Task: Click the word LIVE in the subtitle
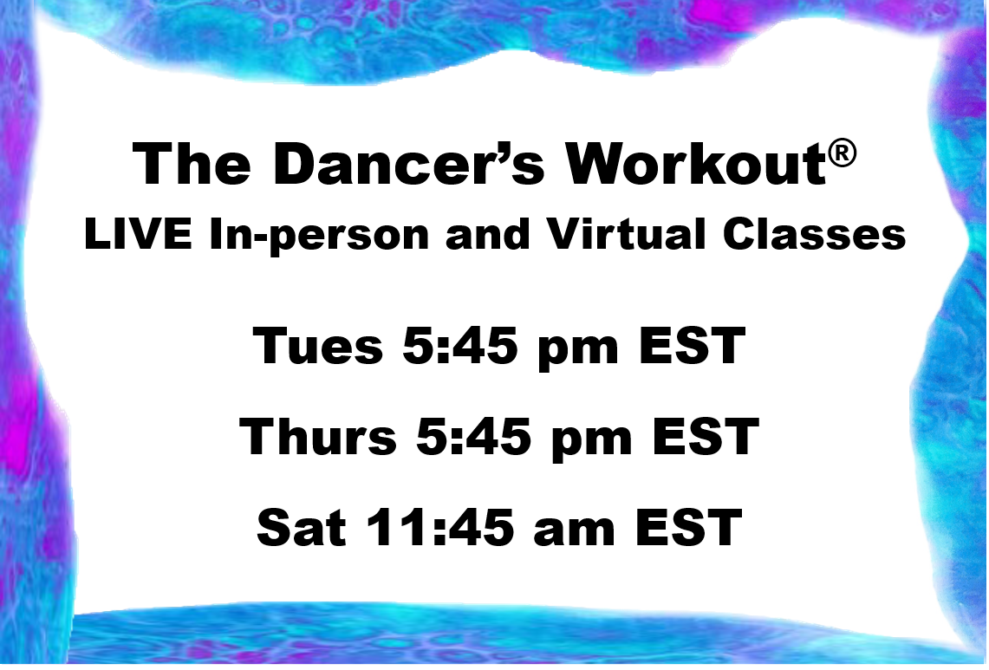coord(140,236)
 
